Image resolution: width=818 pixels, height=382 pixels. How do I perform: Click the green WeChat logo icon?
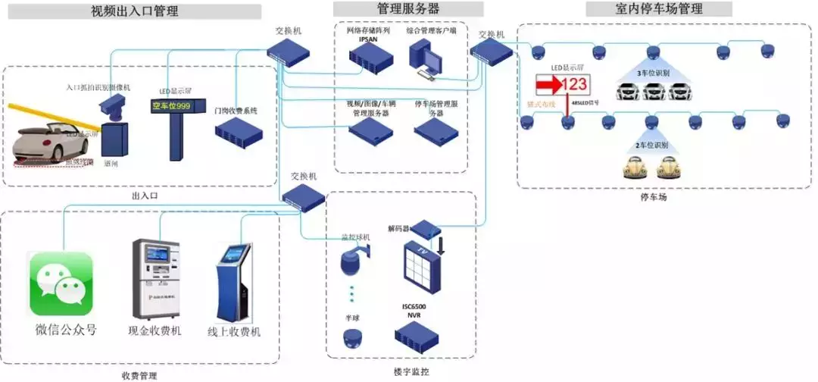pyautogui.click(x=61, y=284)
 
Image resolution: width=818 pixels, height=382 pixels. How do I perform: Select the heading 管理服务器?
pyautogui.click(x=408, y=9)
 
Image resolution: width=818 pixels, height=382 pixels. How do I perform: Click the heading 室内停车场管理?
pyautogui.click(x=658, y=9)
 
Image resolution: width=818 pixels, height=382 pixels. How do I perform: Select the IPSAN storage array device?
pyautogui.click(x=368, y=55)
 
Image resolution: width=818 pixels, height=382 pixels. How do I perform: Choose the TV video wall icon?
pyautogui.click(x=418, y=268)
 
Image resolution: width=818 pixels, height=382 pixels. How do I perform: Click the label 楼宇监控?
pyautogui.click(x=411, y=371)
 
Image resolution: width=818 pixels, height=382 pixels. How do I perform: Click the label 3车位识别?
pyautogui.click(x=651, y=74)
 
